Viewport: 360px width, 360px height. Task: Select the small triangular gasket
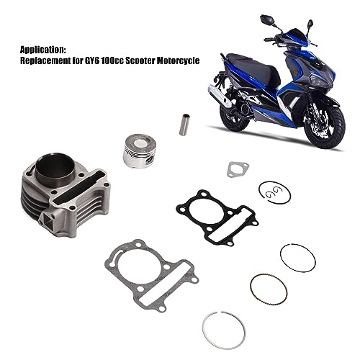pyautogui.click(x=235, y=168)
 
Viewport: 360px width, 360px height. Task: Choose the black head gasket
pyautogui.click(x=216, y=213)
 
